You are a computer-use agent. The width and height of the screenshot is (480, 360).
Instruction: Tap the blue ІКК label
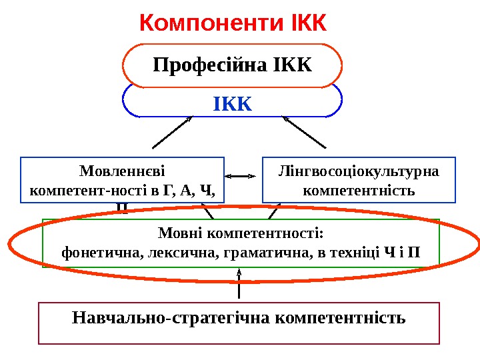coord(233,104)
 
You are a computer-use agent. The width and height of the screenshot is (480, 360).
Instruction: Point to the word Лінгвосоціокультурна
coord(359,171)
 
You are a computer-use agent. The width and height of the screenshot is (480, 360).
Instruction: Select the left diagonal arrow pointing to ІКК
coord(172,132)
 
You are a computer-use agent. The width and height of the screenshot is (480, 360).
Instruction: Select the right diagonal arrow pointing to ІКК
coord(305,132)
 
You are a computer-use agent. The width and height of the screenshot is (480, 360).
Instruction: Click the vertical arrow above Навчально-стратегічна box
coord(239,283)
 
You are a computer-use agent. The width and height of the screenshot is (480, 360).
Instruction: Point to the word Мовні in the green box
coord(181,233)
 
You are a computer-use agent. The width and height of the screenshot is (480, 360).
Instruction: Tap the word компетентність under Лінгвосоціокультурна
coord(359,191)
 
